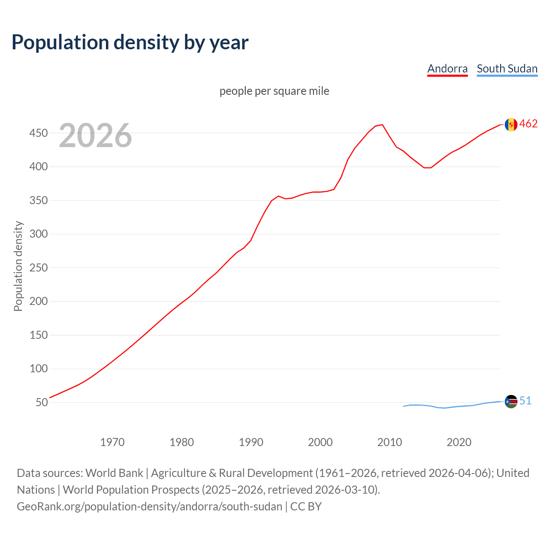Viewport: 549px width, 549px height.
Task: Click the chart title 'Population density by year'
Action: tap(130, 42)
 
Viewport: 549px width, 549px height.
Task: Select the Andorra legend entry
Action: tap(447, 69)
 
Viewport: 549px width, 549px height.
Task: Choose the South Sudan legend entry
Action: tap(507, 69)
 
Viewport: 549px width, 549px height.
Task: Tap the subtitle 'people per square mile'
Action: tap(274, 91)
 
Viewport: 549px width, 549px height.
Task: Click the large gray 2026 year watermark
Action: tap(95, 136)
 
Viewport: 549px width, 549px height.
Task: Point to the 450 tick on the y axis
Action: tap(38, 133)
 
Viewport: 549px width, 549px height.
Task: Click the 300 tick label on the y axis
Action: tap(38, 234)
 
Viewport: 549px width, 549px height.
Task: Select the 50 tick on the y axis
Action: tap(41, 402)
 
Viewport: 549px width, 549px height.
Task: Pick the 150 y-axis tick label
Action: tap(38, 335)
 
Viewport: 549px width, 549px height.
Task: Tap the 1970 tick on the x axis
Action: tap(112, 442)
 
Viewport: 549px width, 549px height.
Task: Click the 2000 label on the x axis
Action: tap(320, 442)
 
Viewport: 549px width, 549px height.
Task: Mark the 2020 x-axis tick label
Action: tap(459, 442)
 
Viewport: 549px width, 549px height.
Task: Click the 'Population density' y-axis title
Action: tap(18, 266)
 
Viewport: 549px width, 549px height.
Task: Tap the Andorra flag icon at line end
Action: tap(511, 124)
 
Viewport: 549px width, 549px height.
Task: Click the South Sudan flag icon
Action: tap(511, 401)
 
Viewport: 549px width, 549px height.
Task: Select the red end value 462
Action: tap(528, 124)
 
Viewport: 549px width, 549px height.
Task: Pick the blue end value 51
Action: tap(525, 401)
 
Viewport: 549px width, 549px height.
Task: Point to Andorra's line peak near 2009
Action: tap(382, 125)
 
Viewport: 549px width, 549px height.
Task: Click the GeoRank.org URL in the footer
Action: tap(149, 507)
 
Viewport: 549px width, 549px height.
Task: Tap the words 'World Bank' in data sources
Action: tap(114, 473)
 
